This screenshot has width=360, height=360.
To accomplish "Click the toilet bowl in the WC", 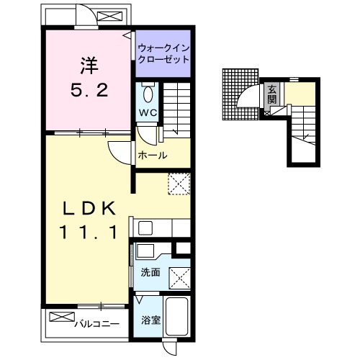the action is (148, 94).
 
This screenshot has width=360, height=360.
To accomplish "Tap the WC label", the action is (148, 112).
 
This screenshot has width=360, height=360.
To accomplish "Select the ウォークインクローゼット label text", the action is (163, 54).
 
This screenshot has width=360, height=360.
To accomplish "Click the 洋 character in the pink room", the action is (89, 66).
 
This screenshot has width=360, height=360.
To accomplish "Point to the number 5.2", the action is (89, 90).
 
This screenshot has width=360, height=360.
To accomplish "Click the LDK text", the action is (89, 208).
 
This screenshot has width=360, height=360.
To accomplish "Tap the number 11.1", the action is (89, 232).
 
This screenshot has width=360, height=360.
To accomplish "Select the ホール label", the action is (153, 156).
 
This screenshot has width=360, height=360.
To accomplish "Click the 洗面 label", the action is (150, 273).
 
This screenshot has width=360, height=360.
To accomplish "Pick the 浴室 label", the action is (150, 320).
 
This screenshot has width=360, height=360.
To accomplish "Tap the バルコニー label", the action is (96, 325).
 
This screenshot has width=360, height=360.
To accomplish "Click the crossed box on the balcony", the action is (62, 317).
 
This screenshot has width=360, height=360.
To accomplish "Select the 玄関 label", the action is (272, 94).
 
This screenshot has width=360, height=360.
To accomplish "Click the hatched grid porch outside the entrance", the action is (240, 94).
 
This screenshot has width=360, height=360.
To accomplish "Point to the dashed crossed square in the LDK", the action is (179, 184).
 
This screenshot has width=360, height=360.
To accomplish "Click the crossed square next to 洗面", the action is (180, 279).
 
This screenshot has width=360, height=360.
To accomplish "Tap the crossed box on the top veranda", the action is (110, 17).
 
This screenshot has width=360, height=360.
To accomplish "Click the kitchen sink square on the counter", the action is (145, 228).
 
